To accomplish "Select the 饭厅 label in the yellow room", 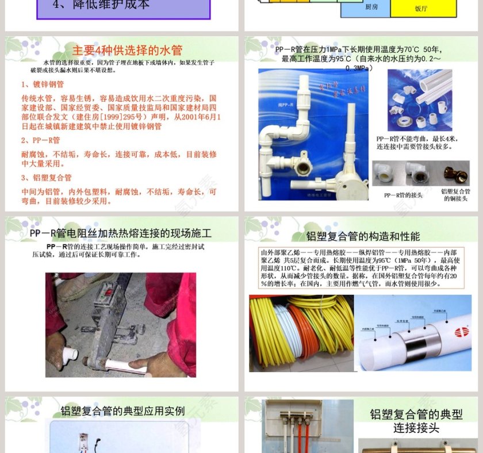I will click(421, 9).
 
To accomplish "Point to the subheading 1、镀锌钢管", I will click(43, 85).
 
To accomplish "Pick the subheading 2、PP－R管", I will click(41, 140).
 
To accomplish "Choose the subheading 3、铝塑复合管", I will click(47, 178).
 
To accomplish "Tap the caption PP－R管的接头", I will click(403, 195).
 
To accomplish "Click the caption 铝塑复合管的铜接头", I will click(455, 195).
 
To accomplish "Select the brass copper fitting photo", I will click(455, 172).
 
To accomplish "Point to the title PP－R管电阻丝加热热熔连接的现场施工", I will click(121, 233).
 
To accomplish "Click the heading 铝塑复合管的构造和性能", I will click(363, 236).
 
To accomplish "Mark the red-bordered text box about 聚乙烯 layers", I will click(358, 268).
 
